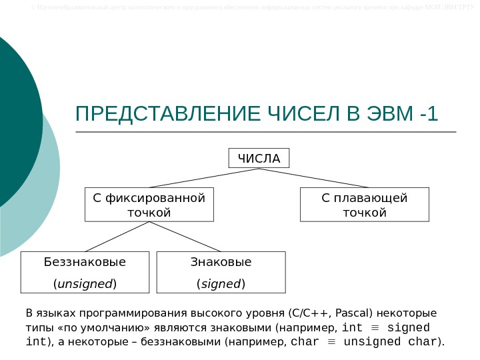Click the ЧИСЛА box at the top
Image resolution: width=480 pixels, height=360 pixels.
259,159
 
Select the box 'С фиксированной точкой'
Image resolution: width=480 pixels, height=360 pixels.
149,205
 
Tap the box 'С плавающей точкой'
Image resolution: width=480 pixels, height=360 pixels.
364,205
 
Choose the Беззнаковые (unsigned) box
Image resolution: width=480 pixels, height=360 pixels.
85,272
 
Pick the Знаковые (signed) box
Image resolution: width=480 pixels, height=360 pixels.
221,272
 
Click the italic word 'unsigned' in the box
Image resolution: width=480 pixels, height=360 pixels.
85,284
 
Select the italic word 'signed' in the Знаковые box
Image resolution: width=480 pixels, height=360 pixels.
221,284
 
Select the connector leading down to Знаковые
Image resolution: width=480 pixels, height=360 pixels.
185,236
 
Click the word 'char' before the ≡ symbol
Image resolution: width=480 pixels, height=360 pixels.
307,343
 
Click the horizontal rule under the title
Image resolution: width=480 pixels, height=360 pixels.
267,132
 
